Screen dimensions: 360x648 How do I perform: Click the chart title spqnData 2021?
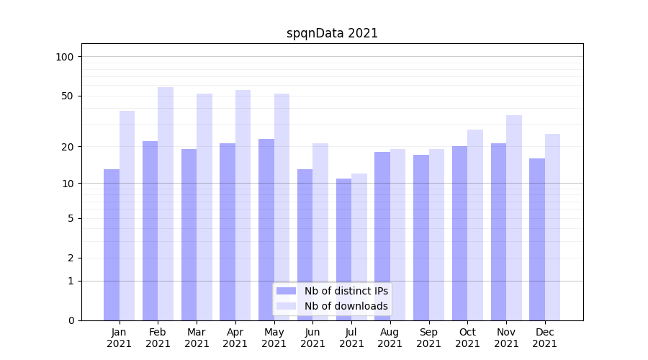coord(332,33)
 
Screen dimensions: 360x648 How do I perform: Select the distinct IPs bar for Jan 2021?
coord(112,245)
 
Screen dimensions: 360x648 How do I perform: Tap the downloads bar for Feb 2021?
coord(166,204)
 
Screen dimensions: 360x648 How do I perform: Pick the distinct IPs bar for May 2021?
coord(266,230)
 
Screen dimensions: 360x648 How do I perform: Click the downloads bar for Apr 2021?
coord(243,205)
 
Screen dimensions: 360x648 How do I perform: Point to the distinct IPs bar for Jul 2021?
coord(343,249)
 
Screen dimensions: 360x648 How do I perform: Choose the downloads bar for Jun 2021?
coord(320,232)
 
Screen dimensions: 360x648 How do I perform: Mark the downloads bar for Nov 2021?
coord(514,217)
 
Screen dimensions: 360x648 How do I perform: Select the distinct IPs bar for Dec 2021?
coord(537,239)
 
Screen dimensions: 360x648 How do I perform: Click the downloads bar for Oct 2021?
coord(475,225)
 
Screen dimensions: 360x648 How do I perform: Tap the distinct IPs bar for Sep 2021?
coord(421,238)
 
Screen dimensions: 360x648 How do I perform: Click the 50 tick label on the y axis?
coord(68,96)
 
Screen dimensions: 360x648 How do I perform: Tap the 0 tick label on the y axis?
coord(71,320)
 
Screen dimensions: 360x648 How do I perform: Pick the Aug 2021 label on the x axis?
coord(390,338)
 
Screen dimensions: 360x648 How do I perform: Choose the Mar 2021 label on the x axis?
coord(197,338)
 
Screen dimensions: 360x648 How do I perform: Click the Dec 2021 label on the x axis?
coord(545,338)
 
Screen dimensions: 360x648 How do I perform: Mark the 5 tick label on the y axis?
coord(71,218)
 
